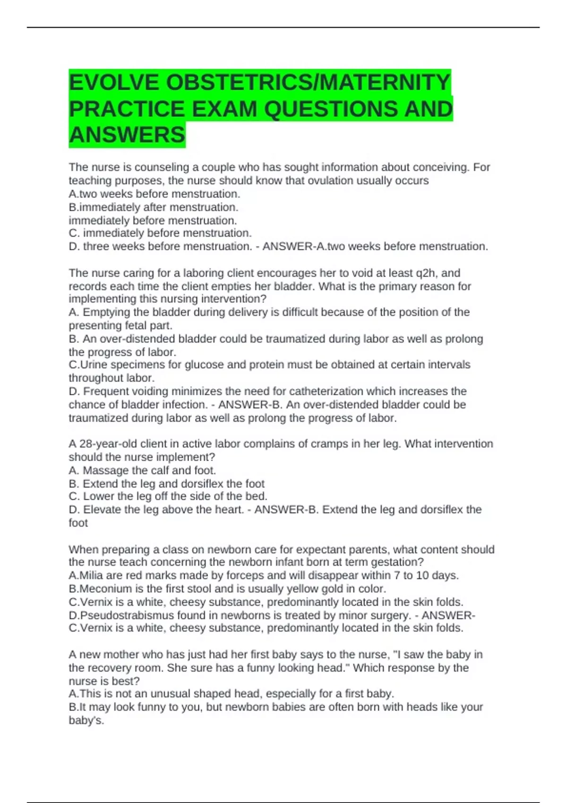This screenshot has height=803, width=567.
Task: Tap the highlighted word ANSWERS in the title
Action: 127,135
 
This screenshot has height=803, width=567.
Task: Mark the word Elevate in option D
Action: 101,510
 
